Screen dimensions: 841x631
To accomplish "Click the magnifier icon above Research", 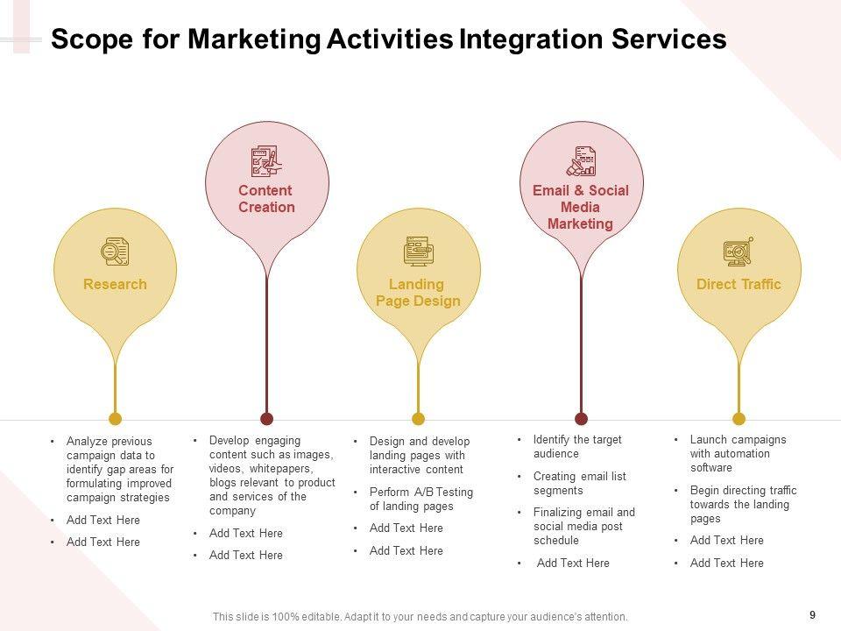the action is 115,252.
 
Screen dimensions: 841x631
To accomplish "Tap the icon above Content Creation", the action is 266,162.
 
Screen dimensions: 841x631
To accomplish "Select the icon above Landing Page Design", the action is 418,252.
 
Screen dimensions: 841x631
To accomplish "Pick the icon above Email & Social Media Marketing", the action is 581,162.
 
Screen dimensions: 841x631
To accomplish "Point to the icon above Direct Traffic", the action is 739,252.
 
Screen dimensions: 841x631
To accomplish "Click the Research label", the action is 115,284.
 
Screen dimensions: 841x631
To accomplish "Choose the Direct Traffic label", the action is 739,284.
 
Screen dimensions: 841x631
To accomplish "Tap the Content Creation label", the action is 266,199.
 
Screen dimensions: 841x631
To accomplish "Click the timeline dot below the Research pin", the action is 115,419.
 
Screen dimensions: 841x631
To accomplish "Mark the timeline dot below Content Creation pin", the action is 267,419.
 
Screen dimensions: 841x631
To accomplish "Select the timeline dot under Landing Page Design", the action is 418,419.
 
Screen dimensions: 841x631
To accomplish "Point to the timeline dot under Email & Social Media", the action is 581,419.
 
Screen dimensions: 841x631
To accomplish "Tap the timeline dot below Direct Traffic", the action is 739,419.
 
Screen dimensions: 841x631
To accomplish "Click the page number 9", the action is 812,615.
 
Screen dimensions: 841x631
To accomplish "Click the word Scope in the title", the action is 86,39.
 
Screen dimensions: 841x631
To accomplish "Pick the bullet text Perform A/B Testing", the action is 420,500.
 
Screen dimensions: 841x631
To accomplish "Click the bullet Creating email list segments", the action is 579,483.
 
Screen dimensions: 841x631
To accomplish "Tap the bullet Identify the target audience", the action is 577,447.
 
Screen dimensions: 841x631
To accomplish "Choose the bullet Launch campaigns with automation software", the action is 738,454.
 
